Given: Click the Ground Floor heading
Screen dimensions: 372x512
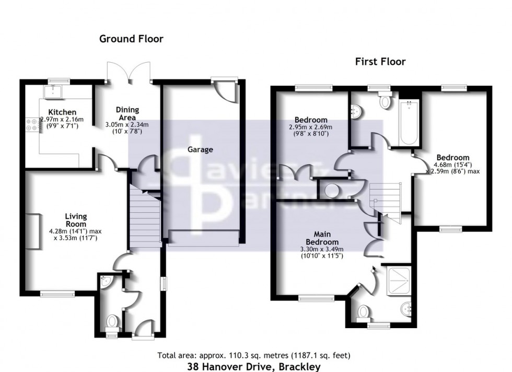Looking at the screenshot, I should click(x=131, y=39).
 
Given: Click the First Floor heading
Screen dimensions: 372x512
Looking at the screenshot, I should click(x=380, y=62).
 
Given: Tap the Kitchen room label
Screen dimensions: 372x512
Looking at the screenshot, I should click(x=63, y=112).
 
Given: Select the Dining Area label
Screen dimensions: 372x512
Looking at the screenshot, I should click(x=127, y=113).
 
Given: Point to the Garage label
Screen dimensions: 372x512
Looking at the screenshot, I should click(x=201, y=150).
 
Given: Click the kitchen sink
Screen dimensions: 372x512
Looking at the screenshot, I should click(x=54, y=92).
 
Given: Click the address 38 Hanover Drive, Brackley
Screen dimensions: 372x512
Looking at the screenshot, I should click(x=254, y=366).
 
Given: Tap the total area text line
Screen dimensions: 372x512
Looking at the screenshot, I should click(x=254, y=356).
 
